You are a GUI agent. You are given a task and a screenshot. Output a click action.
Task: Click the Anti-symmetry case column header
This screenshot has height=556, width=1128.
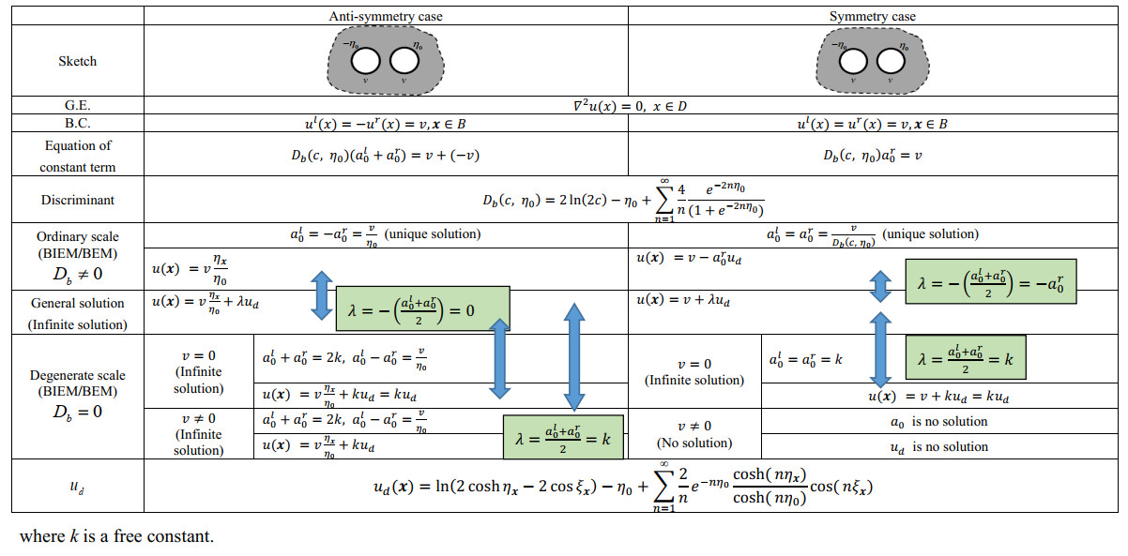pos(385,16)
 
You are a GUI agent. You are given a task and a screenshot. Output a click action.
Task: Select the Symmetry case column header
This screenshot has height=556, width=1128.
pos(872,16)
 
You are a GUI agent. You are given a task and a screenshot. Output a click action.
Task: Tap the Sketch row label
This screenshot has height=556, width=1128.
pos(77,61)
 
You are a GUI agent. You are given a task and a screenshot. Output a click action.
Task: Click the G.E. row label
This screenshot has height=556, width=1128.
pos(77,106)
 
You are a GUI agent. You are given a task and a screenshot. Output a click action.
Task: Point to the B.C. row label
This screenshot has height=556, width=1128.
pos(77,124)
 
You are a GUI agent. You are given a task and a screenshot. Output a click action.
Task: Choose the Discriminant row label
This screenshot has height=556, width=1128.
pos(77,201)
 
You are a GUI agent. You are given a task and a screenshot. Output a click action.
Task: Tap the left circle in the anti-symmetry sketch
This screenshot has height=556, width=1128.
pos(367,62)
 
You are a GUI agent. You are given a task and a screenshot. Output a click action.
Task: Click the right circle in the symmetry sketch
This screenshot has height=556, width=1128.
pos(889,62)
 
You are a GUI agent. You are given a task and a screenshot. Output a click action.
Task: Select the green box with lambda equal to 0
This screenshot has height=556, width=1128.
pos(422,308)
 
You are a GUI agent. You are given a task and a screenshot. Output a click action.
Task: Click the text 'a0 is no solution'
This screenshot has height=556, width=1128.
pos(938,421)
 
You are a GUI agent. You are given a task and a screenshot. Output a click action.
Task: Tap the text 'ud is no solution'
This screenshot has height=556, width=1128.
pos(938,447)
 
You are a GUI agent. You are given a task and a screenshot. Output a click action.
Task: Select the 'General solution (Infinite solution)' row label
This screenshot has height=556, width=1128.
pos(77,313)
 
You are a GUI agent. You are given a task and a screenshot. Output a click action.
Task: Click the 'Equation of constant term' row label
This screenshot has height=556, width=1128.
pos(77,156)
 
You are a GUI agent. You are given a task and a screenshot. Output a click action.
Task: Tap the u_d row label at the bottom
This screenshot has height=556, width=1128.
pos(77,487)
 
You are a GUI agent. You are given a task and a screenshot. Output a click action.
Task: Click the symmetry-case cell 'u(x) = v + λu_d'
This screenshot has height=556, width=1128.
pos(682,300)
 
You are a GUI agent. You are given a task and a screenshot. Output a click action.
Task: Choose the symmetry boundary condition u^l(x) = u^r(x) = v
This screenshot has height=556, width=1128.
pos(872,124)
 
